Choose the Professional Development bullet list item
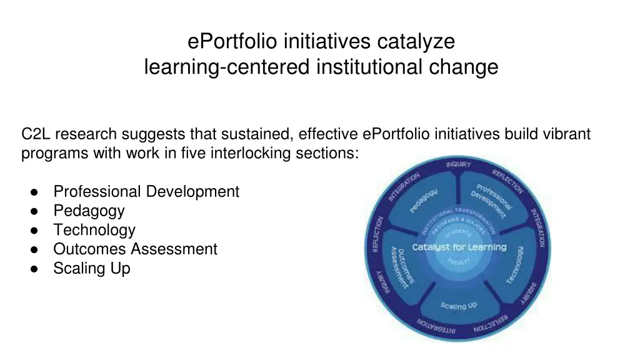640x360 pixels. point(146,191)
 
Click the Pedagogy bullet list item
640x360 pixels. point(89,211)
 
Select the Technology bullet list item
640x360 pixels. point(94,230)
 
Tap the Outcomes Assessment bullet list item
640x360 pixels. point(135,249)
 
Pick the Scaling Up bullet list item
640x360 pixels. point(92,268)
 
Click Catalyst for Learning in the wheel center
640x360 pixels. point(459,247)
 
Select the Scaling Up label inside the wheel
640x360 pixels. point(458,306)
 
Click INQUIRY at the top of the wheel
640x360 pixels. point(459,164)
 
